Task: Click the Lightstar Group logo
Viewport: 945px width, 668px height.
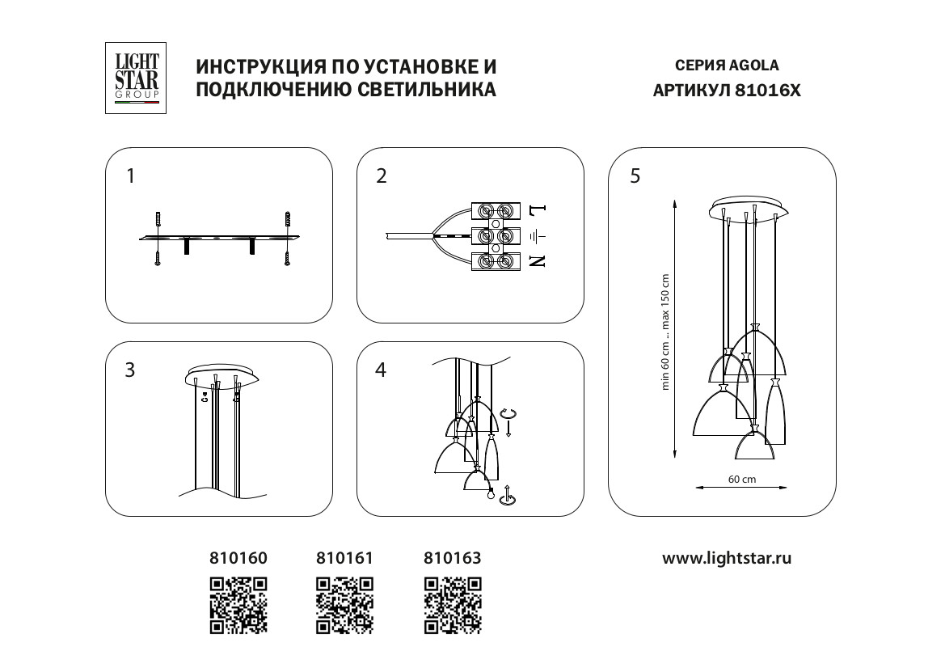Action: coord(136,78)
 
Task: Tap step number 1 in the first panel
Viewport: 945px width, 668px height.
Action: coord(131,175)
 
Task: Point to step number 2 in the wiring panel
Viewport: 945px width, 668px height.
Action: coord(382,175)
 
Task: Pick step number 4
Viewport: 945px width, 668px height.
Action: coord(382,370)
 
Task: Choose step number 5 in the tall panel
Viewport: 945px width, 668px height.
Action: coord(635,175)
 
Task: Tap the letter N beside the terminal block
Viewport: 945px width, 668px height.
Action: coord(538,260)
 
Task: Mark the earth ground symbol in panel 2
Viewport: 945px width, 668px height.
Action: coord(538,236)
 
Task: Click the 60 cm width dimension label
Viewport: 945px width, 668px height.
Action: coord(741,479)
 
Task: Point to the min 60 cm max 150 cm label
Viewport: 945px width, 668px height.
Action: coord(666,332)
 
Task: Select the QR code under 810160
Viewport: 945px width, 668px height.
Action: coord(238,604)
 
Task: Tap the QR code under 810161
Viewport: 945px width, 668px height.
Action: coord(345,604)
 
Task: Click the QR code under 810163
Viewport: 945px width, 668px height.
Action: coord(454,604)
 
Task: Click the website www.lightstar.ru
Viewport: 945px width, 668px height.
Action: coord(727,558)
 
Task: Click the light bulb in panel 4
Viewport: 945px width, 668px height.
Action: coord(489,494)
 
